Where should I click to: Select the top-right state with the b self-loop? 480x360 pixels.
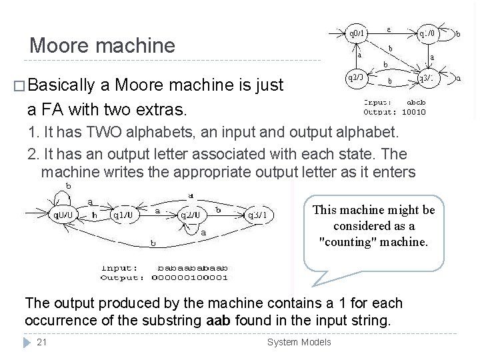click(427, 33)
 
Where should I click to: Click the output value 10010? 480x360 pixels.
click(413, 112)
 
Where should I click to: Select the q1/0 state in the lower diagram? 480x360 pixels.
click(125, 215)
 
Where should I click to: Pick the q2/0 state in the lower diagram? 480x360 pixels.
click(191, 215)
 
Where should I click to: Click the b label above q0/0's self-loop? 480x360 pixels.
click(68, 185)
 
